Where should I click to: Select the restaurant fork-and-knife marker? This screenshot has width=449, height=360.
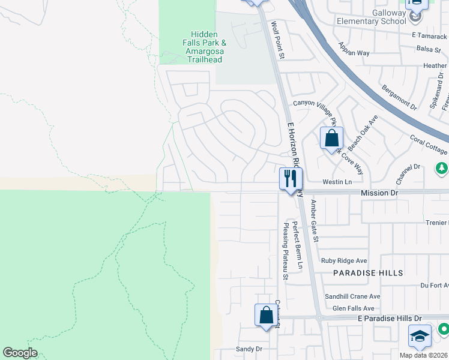click(291, 179)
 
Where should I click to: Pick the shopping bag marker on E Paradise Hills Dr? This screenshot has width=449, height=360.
click(266, 315)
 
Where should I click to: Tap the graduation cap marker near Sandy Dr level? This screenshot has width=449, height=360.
click(420, 337)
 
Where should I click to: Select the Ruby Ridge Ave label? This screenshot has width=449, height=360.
click(344, 260)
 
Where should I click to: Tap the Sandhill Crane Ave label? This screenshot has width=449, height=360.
click(352, 296)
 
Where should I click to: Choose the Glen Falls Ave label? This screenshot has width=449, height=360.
click(357, 308)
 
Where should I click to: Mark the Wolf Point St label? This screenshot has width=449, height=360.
click(278, 40)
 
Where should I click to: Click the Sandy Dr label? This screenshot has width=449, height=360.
click(249, 349)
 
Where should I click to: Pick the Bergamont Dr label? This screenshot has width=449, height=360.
click(399, 97)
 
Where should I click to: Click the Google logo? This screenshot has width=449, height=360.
click(20, 352)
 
